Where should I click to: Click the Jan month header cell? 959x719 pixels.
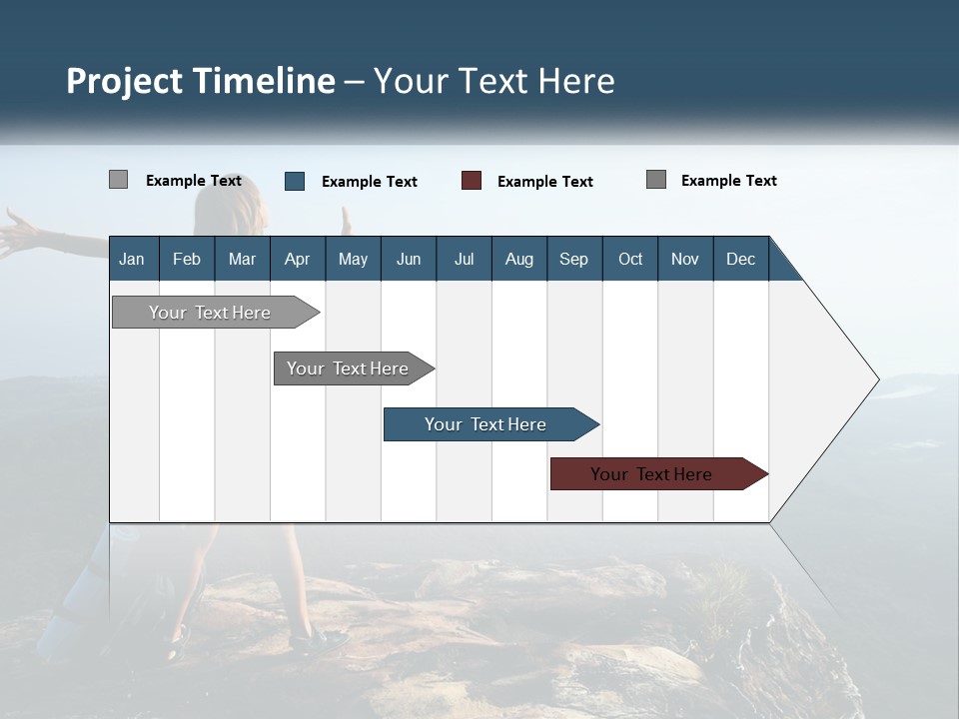pos(133,259)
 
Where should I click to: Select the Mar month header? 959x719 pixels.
pos(242,259)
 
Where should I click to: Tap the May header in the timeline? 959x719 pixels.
pos(353,259)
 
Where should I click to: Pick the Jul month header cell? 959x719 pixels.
pos(464,259)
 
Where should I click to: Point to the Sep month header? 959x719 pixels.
pos(573,259)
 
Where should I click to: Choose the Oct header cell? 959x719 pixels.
pos(630,259)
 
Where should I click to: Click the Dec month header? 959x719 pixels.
pos(740,259)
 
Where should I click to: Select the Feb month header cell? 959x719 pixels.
pos(187,259)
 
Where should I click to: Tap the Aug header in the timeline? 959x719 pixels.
pos(518,259)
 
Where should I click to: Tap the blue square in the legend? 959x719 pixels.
pos(295,181)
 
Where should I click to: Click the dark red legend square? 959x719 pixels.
pos(472,181)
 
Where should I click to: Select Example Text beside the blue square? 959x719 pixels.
pos(370,182)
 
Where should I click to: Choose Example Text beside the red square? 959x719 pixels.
pos(545,182)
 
